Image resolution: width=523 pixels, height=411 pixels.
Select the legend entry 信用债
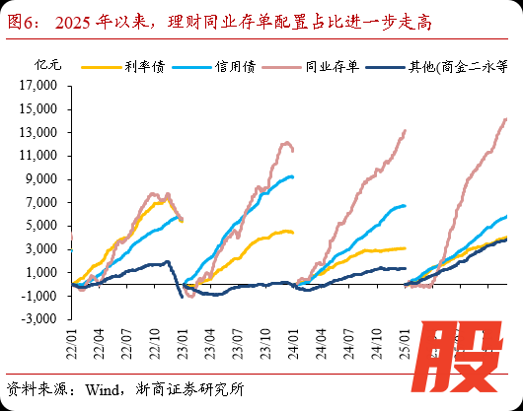233,67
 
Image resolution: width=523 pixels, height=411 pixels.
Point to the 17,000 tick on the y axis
45,85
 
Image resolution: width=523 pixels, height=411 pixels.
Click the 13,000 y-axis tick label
45,132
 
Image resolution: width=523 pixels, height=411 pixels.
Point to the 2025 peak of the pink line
506,119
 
